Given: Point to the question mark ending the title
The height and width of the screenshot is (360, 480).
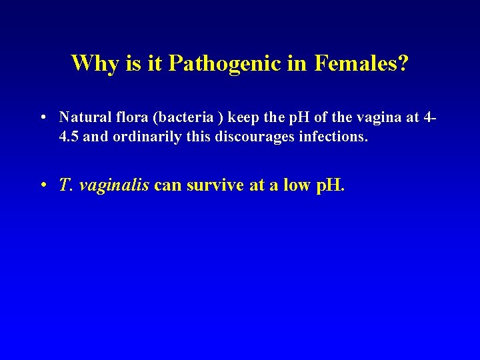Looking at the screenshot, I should pos(403,63).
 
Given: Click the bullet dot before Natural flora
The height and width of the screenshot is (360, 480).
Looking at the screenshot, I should pos(42,118).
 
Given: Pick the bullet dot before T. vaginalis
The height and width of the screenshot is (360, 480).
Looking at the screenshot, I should pos(42,185).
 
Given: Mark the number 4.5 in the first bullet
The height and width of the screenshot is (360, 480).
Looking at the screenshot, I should pos(68,138).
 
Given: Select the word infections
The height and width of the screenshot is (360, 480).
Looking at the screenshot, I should pos(320,138).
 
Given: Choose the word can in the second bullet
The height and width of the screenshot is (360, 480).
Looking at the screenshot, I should pos(168,185).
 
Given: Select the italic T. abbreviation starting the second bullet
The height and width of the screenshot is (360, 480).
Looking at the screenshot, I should pos(65,185).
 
